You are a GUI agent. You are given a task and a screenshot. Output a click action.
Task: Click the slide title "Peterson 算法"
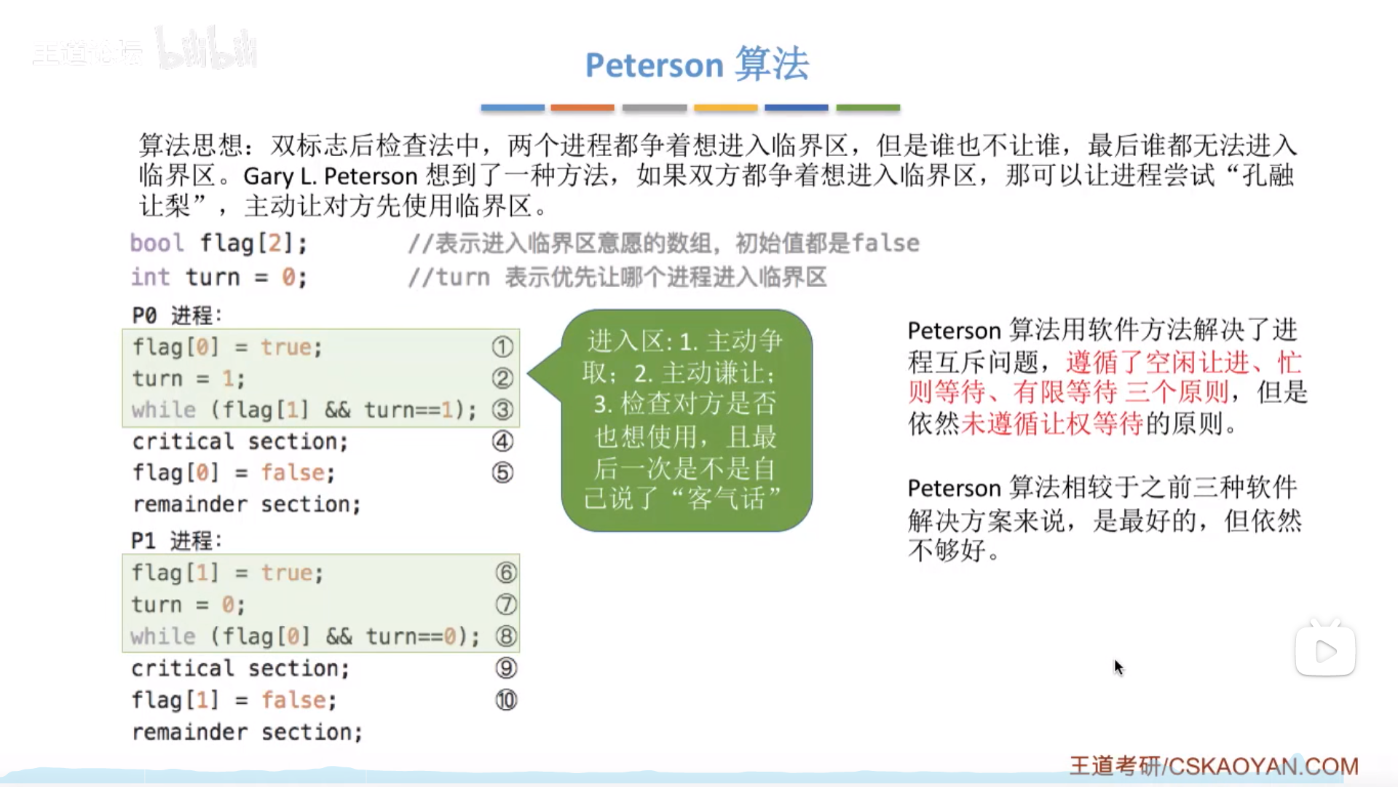(697, 64)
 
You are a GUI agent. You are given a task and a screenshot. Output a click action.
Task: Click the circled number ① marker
(502, 347)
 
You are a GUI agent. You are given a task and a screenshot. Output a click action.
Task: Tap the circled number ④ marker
(502, 441)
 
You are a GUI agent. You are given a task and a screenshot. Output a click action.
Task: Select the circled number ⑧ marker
(506, 636)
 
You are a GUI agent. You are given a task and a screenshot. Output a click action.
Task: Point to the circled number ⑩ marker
(506, 700)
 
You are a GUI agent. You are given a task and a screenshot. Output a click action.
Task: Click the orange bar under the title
(582, 108)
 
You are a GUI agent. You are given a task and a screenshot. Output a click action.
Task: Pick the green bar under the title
(868, 108)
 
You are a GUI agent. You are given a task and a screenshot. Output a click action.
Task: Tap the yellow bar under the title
(726, 108)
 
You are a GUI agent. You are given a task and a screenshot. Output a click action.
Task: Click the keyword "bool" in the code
(157, 243)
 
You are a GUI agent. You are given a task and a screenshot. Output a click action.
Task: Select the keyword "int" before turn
(150, 277)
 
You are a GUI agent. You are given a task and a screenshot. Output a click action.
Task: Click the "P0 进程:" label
(177, 316)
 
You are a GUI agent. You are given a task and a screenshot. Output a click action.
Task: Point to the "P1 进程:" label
(176, 541)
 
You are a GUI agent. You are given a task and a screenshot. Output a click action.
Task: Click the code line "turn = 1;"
(189, 378)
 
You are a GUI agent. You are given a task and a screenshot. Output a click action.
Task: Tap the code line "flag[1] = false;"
(234, 700)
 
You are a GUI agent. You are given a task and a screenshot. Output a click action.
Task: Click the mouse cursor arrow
(1119, 667)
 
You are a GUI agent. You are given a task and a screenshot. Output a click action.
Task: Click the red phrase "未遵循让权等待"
(1051, 423)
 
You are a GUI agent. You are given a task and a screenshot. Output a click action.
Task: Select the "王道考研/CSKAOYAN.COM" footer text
(1214, 766)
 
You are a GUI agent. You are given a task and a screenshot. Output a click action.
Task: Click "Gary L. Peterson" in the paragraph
(331, 176)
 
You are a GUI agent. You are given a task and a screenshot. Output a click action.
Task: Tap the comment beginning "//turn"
(617, 277)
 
